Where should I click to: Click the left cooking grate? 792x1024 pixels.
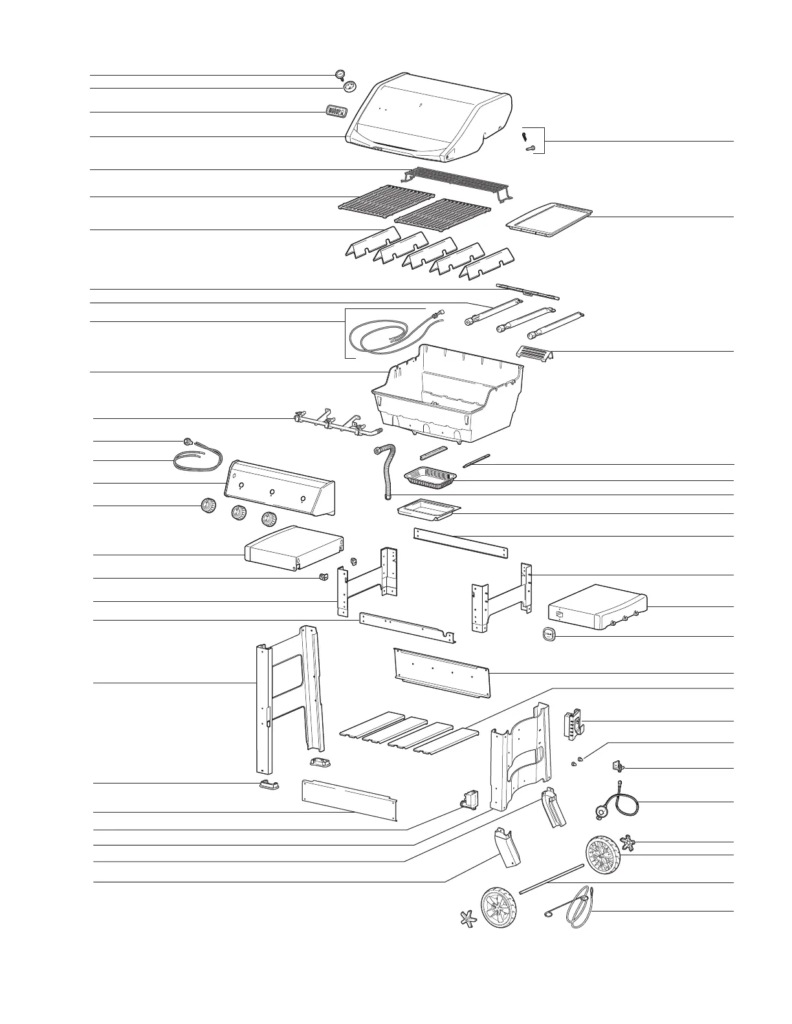387,198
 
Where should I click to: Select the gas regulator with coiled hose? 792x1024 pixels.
611,802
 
